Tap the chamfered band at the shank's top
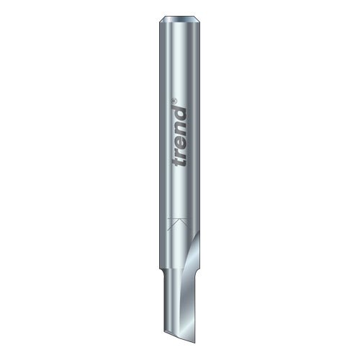click(x=179, y=19)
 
